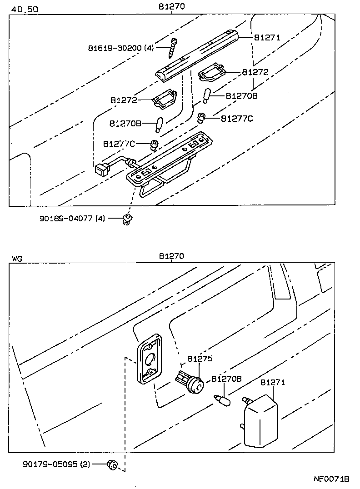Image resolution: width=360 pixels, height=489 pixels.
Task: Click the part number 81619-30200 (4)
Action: pos(122,48)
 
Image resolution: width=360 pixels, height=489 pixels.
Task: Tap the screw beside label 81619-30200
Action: pos(174,48)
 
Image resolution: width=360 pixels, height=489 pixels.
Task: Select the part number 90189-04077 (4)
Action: pos(72,218)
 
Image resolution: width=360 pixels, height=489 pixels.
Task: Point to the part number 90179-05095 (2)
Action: pos(57,464)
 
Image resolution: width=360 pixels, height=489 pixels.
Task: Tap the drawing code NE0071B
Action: pos(331,479)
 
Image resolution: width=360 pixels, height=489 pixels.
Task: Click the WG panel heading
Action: pos(17,259)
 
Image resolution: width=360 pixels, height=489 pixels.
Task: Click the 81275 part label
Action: pos(200,359)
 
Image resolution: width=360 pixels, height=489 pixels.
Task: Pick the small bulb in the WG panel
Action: pos(222,400)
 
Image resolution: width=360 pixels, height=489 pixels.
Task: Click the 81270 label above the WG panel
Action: pos(171,256)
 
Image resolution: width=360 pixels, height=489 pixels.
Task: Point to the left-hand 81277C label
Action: pos(119,144)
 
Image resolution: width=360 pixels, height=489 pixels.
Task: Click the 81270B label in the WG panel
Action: pos(226,379)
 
